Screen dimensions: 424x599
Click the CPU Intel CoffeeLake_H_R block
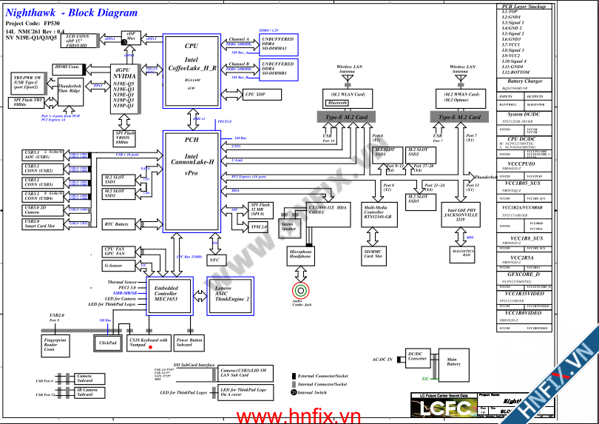tap(191, 68)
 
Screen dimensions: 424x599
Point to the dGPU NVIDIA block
tap(123, 88)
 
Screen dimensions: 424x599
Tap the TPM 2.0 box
tap(259, 226)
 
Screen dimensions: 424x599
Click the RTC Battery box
tap(117, 223)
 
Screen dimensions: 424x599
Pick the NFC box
tap(214, 260)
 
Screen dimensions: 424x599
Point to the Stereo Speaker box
tap(288, 226)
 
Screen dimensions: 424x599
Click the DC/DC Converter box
tap(417, 359)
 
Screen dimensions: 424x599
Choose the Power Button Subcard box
tap(189, 342)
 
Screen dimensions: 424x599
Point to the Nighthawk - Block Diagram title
tap(71, 13)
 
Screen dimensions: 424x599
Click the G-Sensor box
tap(114, 265)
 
